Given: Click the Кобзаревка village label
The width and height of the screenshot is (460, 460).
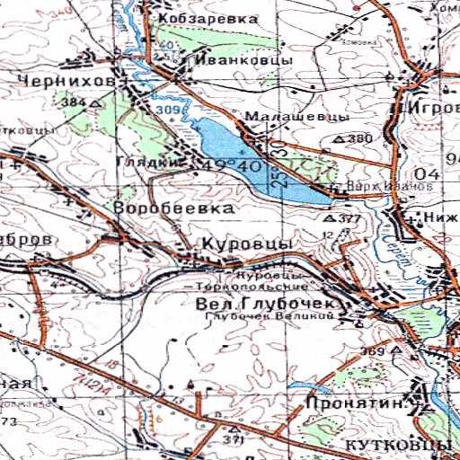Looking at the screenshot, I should tap(207, 18).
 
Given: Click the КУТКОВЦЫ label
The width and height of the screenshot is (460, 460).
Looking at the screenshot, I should tap(396, 446).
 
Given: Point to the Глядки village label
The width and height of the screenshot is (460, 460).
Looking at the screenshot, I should tap(138, 163).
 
